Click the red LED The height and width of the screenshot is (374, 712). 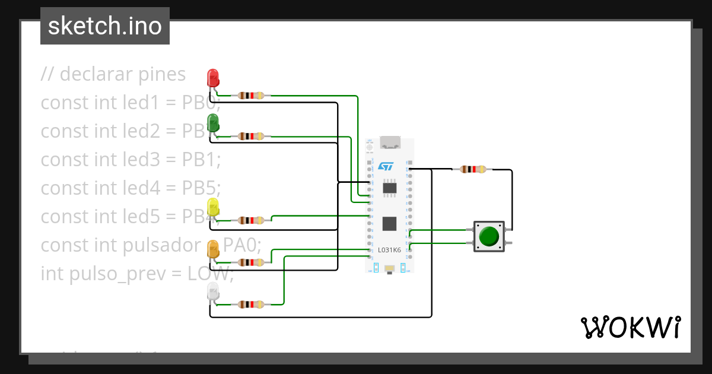click(x=212, y=78)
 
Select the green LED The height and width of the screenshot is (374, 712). click(x=212, y=123)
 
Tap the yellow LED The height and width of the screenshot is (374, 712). click(x=212, y=207)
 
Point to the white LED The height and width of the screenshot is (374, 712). click(x=212, y=291)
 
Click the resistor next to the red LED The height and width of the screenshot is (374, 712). click(x=250, y=96)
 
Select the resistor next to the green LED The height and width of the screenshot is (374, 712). click(x=250, y=137)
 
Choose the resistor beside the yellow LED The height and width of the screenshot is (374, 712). click(x=250, y=220)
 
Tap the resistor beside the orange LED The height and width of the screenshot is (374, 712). click(x=250, y=262)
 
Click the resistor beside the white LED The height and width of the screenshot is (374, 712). click(x=250, y=305)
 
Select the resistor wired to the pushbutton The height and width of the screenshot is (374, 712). click(x=472, y=169)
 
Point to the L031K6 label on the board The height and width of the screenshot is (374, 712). click(x=389, y=250)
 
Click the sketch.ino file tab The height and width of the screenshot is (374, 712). click(x=105, y=26)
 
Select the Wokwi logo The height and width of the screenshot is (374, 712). click(x=630, y=328)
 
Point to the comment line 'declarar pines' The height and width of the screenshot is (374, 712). click(x=113, y=74)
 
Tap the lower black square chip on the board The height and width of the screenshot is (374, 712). click(x=389, y=224)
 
